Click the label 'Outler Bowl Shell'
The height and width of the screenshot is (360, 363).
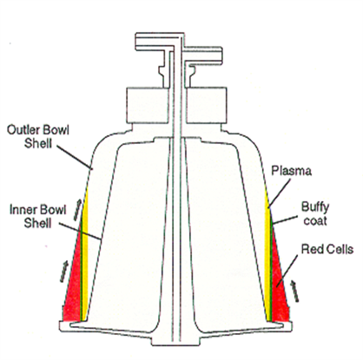click(38, 136)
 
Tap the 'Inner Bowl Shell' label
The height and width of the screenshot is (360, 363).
click(38, 217)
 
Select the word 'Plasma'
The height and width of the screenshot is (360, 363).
click(291, 171)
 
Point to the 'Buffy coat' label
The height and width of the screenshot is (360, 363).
click(315, 214)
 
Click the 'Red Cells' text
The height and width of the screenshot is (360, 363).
click(327, 249)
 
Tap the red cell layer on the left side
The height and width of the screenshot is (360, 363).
click(73, 285)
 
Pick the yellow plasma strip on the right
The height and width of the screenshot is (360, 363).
click(267, 254)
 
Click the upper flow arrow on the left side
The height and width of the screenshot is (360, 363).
click(78, 210)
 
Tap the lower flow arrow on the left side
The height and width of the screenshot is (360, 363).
click(64, 271)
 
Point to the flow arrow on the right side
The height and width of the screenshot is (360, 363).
click(294, 291)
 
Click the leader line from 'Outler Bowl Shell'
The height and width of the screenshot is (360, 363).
click(74, 157)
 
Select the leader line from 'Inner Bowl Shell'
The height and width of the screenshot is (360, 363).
click(80, 231)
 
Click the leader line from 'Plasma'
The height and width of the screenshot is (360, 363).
click(279, 193)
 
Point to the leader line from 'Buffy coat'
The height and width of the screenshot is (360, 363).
click(285, 219)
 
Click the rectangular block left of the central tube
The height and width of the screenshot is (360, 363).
click(147, 105)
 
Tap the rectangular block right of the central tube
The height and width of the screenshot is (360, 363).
click(207, 105)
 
